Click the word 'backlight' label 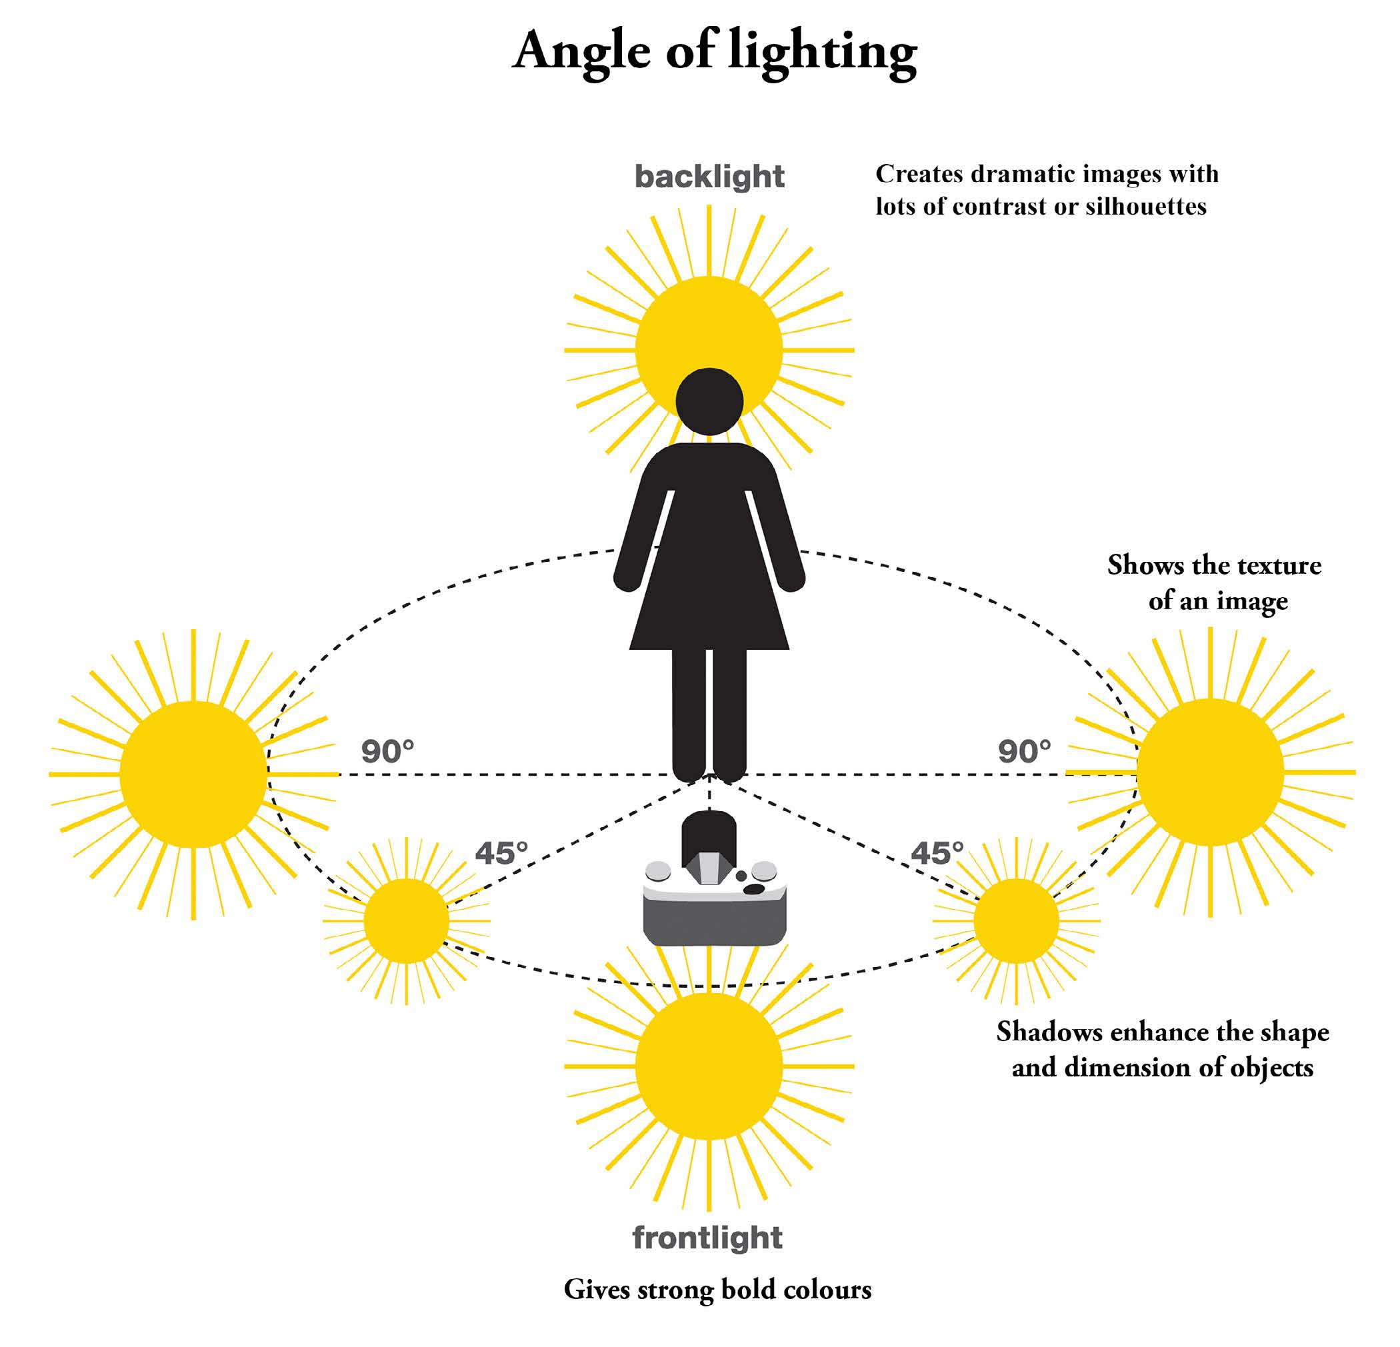click(709, 177)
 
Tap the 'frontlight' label click(707, 1238)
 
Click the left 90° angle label click(387, 751)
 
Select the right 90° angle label click(1024, 751)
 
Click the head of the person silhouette click(709, 401)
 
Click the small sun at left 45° click(406, 921)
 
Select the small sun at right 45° click(1016, 921)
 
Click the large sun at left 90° click(193, 774)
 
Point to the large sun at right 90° click(1210, 772)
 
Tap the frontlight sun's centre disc click(709, 1066)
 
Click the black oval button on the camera click(754, 889)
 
